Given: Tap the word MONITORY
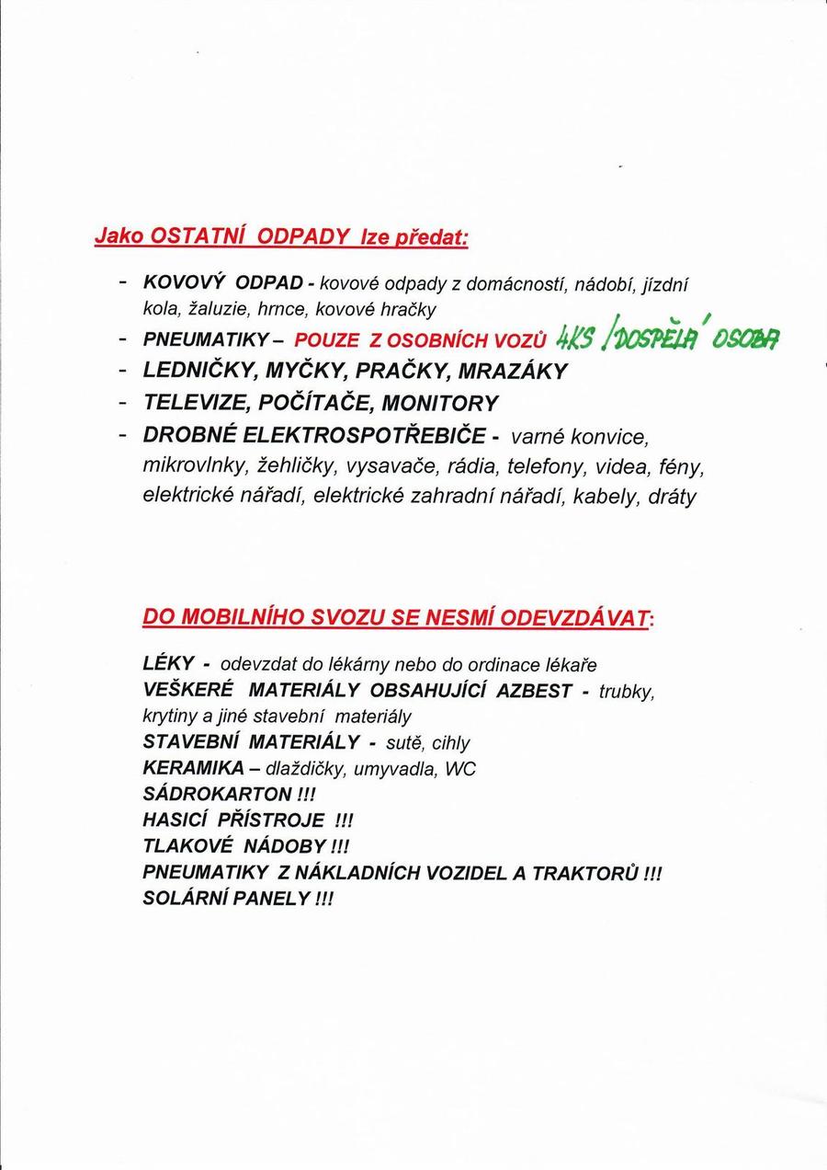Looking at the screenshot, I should point(440,403).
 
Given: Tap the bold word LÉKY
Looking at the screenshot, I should point(168,663).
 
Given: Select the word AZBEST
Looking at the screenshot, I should point(534,690).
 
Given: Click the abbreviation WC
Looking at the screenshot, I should point(460,768).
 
